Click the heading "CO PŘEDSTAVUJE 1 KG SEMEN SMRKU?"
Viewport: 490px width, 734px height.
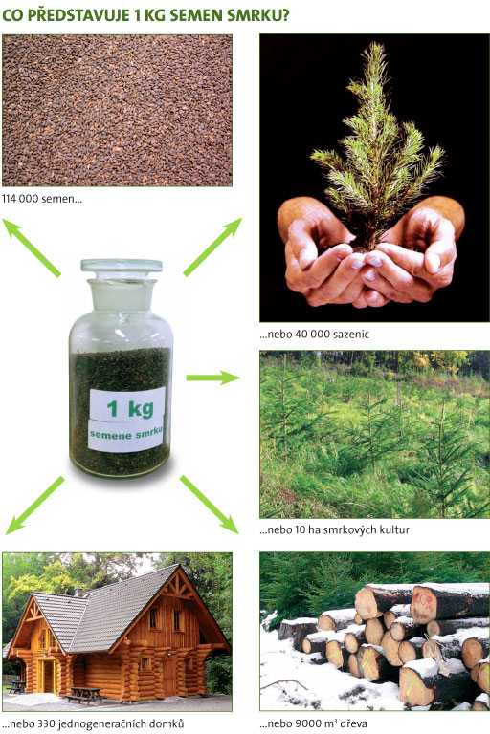(x=145, y=15)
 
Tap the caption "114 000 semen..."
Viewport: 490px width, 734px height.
(x=42, y=199)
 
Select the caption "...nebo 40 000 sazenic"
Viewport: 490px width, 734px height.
(x=314, y=335)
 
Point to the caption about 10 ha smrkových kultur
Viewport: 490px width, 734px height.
(x=334, y=529)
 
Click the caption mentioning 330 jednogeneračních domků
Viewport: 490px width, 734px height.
(x=93, y=723)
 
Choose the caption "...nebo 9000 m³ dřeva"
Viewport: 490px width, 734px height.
(x=313, y=723)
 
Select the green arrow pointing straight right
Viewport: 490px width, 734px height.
(x=212, y=378)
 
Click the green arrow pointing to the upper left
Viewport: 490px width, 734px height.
(x=32, y=248)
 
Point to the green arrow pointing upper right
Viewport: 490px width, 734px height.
(x=212, y=247)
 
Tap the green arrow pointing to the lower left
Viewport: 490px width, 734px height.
(x=34, y=505)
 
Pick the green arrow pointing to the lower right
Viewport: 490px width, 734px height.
(x=210, y=505)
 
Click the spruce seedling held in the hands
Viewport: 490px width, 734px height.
(x=378, y=145)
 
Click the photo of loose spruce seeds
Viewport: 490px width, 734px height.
(x=117, y=110)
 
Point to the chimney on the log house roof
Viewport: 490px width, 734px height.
(x=78, y=593)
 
